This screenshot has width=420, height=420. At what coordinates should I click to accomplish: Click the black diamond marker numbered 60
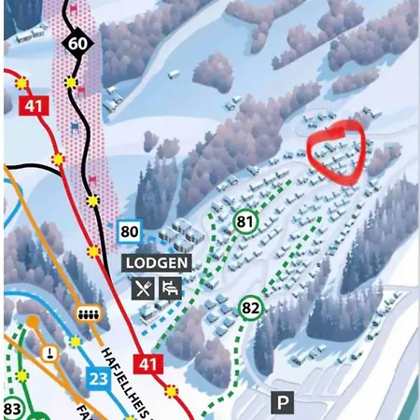(x=78, y=44)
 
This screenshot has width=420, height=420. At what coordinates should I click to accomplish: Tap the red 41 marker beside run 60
(x=35, y=105)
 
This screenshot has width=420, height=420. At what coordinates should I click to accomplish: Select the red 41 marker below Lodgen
(x=148, y=364)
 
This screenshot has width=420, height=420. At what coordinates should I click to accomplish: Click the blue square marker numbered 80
(x=130, y=231)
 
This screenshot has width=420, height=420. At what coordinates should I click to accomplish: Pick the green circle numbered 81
(x=246, y=222)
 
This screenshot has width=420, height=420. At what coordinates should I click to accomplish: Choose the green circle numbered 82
(x=250, y=308)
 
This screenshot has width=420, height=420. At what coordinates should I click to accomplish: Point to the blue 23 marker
(x=99, y=378)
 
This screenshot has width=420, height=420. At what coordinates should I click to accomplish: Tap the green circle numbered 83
(x=13, y=409)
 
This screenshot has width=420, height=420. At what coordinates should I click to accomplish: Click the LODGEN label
(x=157, y=263)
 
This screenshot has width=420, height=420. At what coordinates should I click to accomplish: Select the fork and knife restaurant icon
(x=143, y=288)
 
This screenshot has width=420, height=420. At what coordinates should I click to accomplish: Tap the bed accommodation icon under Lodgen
(x=171, y=288)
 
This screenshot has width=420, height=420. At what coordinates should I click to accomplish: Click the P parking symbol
(x=282, y=402)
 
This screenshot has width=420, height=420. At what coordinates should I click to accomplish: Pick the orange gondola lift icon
(x=89, y=313)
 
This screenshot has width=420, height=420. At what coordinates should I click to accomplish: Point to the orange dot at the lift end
(x=32, y=322)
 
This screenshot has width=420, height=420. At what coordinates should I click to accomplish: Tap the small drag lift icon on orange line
(x=49, y=352)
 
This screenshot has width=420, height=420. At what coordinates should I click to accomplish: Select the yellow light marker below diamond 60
(x=71, y=83)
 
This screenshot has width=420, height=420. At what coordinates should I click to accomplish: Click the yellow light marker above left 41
(x=22, y=83)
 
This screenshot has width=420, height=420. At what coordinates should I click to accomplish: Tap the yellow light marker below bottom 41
(x=171, y=391)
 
